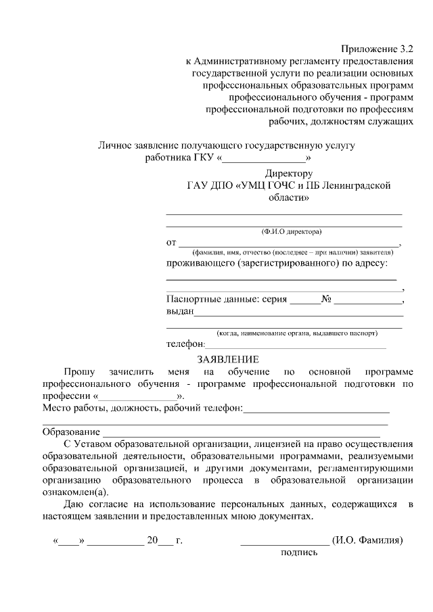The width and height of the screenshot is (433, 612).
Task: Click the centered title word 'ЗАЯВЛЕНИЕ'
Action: (x=227, y=359)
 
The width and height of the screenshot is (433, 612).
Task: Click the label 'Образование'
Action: (x=71, y=431)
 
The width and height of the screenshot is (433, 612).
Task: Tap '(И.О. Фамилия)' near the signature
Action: (x=367, y=540)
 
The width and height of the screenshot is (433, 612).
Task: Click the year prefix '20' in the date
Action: (x=152, y=540)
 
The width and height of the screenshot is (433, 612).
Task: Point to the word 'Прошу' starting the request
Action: (x=80, y=372)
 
